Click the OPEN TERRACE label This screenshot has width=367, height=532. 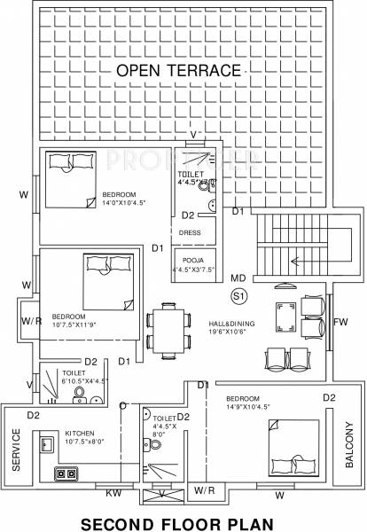[179, 70]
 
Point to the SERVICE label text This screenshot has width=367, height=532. [16, 450]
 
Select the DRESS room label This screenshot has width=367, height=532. [191, 232]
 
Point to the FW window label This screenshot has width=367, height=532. [342, 322]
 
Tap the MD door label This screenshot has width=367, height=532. [238, 278]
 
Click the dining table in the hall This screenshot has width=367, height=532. [167, 328]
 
